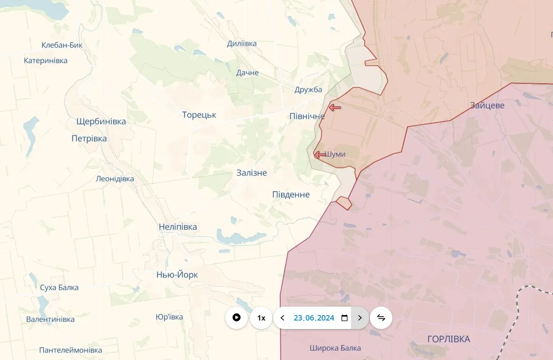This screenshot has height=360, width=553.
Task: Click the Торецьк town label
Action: [199, 115]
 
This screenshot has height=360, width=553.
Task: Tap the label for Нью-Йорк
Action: [177, 275]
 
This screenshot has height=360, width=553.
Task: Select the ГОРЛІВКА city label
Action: [449, 339]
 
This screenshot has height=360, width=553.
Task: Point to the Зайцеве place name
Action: [487, 105]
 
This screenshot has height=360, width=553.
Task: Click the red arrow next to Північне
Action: [335, 107]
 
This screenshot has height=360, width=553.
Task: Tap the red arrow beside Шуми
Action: [320, 155]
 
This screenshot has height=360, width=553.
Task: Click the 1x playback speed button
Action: [261, 318]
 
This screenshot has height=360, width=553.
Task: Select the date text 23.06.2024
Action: [314, 318]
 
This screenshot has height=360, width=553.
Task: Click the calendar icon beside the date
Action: [345, 318]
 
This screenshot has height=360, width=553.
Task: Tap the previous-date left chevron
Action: [282, 318]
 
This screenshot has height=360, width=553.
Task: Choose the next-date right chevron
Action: [360, 318]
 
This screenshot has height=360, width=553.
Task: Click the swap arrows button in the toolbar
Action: [381, 318]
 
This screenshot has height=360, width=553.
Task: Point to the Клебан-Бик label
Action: [62, 45]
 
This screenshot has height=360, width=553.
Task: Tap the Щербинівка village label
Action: [101, 121]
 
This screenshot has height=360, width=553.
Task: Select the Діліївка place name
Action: [242, 44]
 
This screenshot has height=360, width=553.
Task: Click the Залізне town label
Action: [252, 173]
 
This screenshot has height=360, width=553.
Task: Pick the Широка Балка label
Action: [335, 348]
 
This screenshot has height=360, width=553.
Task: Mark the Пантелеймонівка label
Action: [70, 350]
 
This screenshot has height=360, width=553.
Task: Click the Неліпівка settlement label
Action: [178, 227]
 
